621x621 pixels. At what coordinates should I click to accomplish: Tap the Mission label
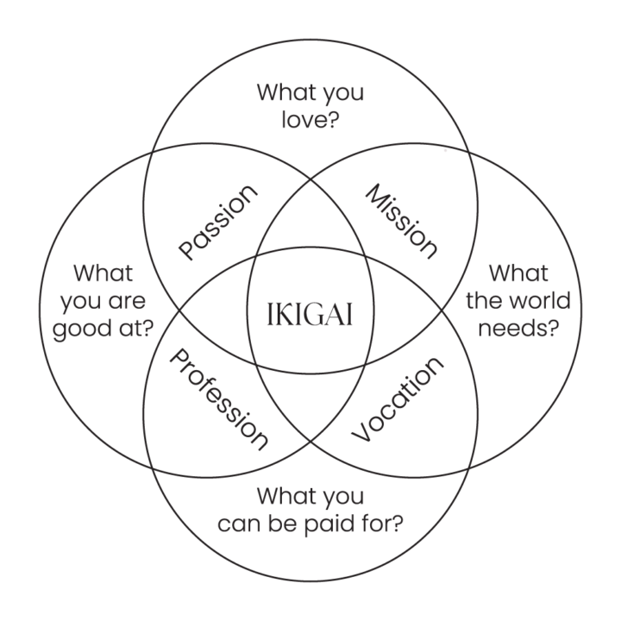[401, 221]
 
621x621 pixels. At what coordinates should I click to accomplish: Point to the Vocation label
[399, 398]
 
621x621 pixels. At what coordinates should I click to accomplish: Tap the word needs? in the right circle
[518, 329]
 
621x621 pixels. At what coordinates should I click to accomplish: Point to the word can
[242, 524]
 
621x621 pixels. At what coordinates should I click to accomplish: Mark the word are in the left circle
[127, 302]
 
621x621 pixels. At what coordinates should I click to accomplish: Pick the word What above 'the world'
[518, 274]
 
